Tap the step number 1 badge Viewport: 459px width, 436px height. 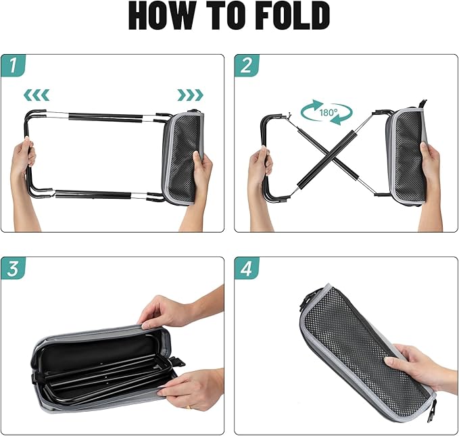tap(16, 66)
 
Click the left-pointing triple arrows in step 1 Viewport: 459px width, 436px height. tap(37, 94)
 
